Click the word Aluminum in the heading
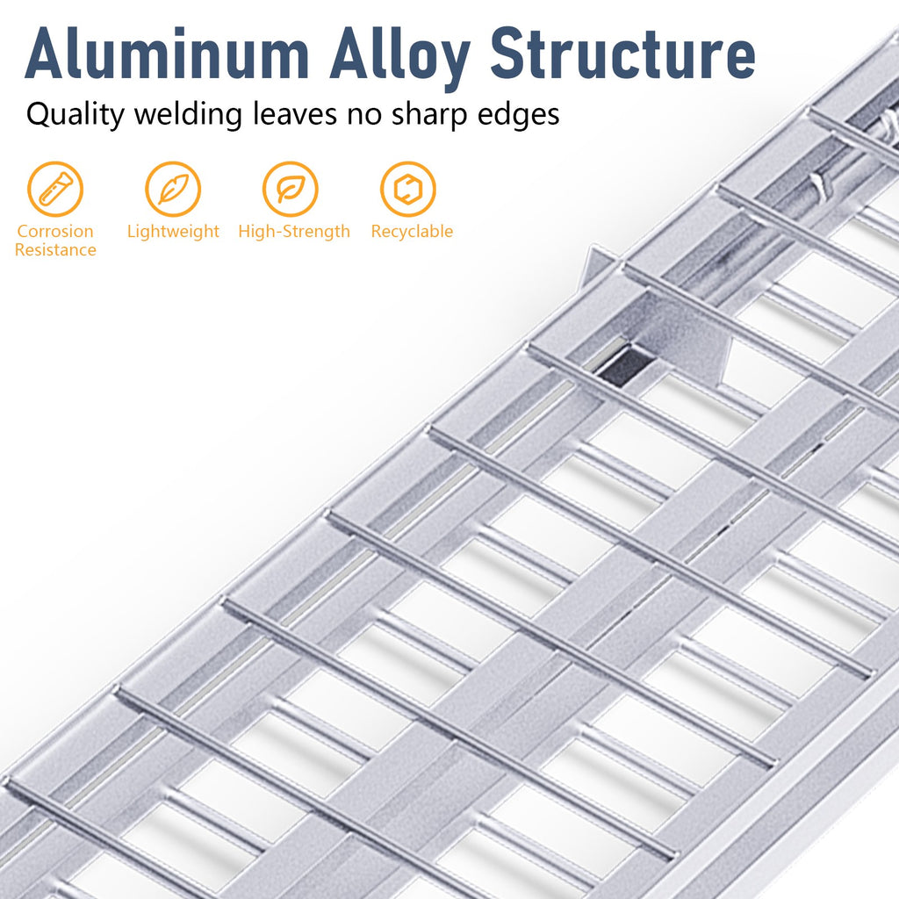point(167,54)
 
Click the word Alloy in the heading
point(399,57)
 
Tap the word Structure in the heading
point(622,53)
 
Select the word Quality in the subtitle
point(76,114)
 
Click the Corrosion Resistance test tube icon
point(55,190)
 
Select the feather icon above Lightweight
point(173,190)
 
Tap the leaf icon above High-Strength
point(290,190)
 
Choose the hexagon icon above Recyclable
point(408,190)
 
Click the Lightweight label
point(173,232)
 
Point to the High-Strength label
point(294,232)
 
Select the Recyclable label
point(412,231)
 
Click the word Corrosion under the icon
point(55,231)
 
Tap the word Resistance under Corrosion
point(55,250)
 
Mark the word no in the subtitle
point(364,116)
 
